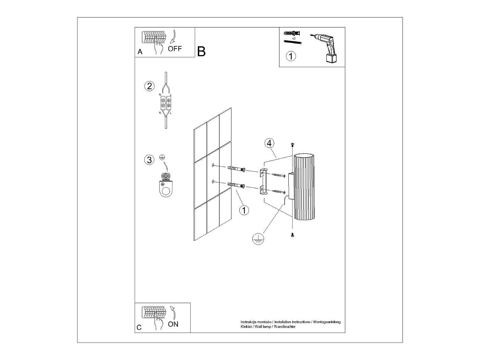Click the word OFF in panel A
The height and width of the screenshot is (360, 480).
pos(175,49)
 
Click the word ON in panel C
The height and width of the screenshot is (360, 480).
pos(173,324)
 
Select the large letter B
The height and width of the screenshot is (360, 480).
pos(202,51)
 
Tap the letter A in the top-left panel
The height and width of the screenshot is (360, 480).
pos(140,52)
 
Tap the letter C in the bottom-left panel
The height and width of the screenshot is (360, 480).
pos(139,328)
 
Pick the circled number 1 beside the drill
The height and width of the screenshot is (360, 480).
pos(291,56)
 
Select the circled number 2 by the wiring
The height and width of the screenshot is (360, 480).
pos(149,86)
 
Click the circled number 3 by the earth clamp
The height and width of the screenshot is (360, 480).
pos(149,160)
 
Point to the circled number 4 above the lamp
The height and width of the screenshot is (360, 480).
pos(269,143)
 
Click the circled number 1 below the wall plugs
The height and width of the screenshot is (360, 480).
pos(244,210)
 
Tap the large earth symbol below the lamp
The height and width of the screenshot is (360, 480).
pos(258,239)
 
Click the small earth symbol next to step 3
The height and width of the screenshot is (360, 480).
pos(162,158)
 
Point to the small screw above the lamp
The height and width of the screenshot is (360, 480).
pos(292,144)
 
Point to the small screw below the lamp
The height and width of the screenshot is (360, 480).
pos(292,235)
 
